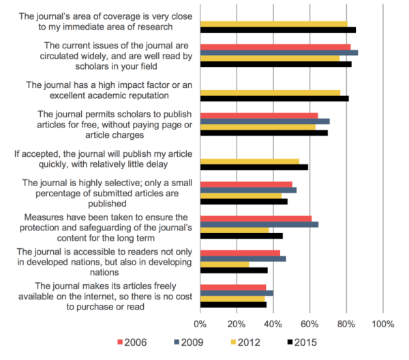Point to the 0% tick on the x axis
tap(200, 322)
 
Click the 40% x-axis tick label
tap(273, 322)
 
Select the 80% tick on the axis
tap(346, 322)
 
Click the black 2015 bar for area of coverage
tap(278, 30)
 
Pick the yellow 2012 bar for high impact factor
tap(270, 92)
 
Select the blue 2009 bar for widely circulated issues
tap(279, 52)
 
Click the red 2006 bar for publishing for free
tap(259, 115)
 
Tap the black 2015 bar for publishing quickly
tap(254, 166)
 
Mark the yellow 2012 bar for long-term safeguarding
tap(234, 229)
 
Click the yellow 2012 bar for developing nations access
tap(224, 264)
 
